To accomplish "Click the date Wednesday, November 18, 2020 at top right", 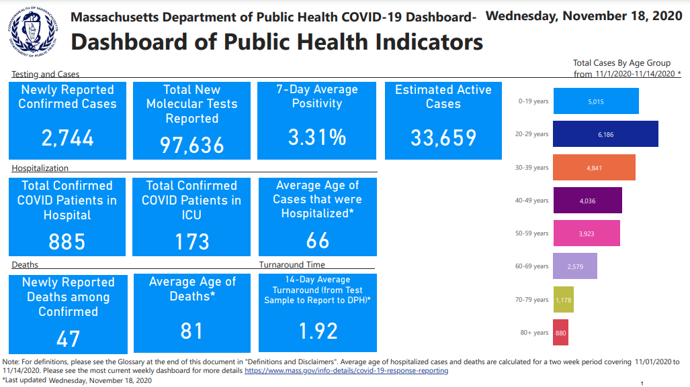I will [x=583, y=15].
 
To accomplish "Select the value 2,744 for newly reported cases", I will [x=67, y=138].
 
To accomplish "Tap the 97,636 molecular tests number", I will [x=191, y=144].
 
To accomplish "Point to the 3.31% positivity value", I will [x=317, y=137].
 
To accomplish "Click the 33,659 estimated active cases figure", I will [x=443, y=137].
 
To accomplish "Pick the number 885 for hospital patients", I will [x=67, y=241].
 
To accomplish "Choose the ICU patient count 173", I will [x=191, y=241].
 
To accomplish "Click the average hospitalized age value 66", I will [x=317, y=240].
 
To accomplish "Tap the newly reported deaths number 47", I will [x=67, y=338].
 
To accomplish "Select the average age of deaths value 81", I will [x=191, y=331].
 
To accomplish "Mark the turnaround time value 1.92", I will [x=317, y=331].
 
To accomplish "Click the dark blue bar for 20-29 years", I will [x=605, y=134].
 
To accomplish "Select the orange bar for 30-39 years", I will [x=593, y=168].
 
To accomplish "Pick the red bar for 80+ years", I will [x=560, y=333].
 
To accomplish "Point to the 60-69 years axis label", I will [x=531, y=266].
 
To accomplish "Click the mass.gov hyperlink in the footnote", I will [x=346, y=370].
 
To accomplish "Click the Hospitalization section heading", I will [x=40, y=168].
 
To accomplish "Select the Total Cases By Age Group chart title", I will [x=621, y=63].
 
